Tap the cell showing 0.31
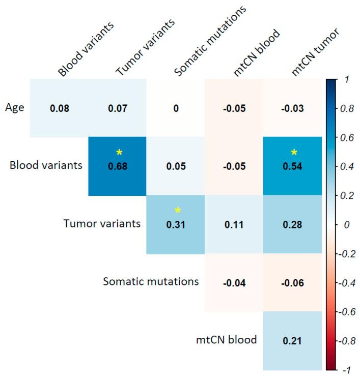click(x=176, y=224)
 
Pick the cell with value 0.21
click(x=293, y=340)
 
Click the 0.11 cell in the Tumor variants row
click(x=234, y=224)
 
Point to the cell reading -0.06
click(x=293, y=282)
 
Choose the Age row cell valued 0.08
click(x=59, y=108)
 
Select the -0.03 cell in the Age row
click(x=293, y=108)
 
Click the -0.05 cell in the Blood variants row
click(x=234, y=166)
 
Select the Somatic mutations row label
click(x=150, y=281)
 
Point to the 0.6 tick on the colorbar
click(x=348, y=137)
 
